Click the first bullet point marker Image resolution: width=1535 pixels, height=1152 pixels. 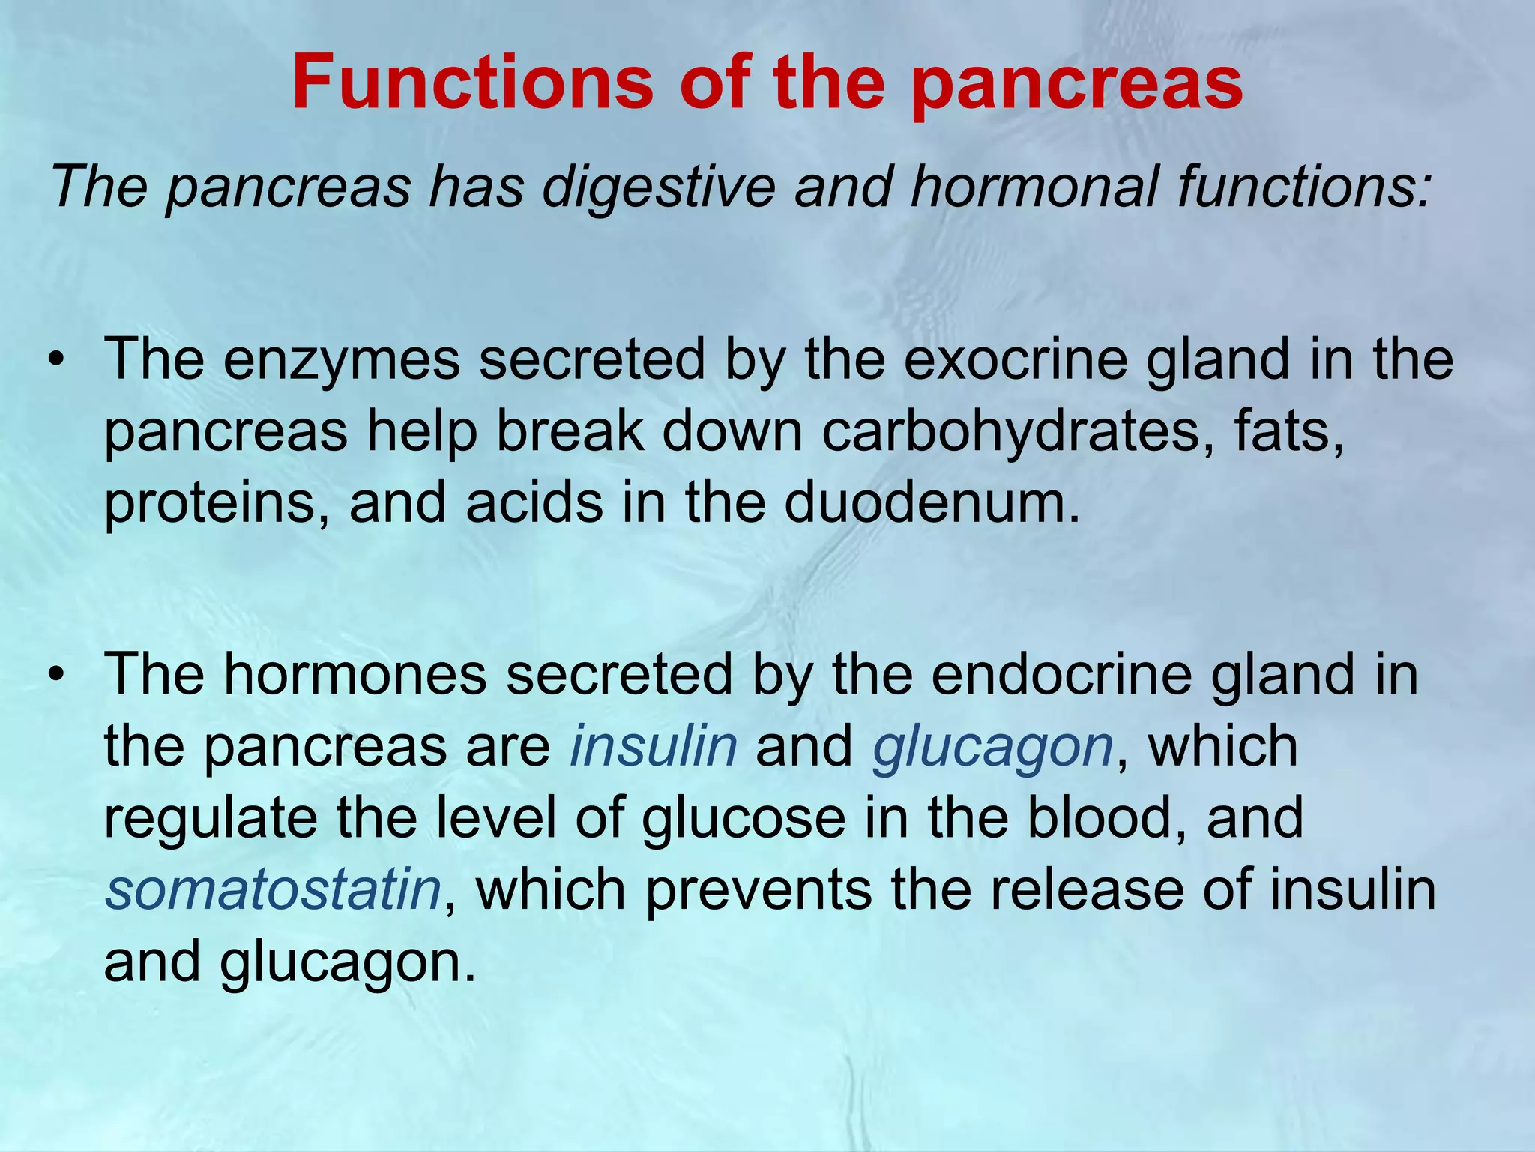coord(55,361)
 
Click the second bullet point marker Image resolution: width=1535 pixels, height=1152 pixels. coord(55,676)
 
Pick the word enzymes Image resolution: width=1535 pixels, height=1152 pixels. coord(341,361)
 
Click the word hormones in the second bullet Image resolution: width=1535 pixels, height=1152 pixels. coord(355,674)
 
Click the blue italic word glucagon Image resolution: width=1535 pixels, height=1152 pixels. coord(993,748)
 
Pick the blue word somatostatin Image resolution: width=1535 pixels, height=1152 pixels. coord(273,890)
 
